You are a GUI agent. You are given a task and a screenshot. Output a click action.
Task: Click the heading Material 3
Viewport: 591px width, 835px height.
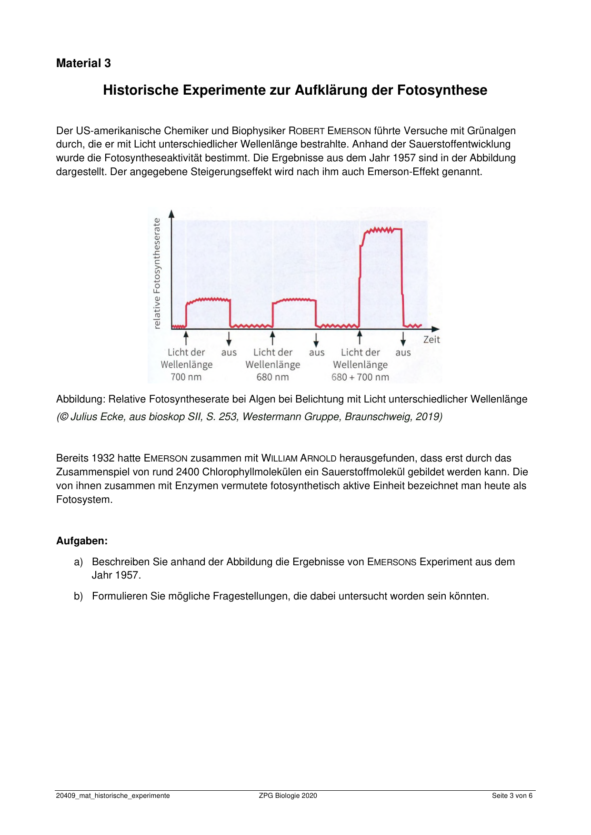pyautogui.click(x=83, y=63)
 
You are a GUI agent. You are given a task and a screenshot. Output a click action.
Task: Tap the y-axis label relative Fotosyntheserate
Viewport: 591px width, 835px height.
pyautogui.click(x=157, y=273)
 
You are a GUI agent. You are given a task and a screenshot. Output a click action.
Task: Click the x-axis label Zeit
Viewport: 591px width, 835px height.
pyautogui.click(x=431, y=340)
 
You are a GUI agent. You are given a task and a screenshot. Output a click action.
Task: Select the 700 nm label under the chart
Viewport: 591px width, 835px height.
pyautogui.click(x=186, y=377)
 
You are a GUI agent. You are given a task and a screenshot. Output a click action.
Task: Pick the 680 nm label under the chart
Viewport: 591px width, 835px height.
pyautogui.click(x=272, y=377)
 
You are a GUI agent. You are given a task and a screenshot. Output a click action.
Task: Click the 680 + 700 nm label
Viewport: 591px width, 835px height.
pyautogui.click(x=360, y=377)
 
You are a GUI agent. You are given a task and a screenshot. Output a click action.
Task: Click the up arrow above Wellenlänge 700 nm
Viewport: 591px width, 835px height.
pyautogui.click(x=186, y=338)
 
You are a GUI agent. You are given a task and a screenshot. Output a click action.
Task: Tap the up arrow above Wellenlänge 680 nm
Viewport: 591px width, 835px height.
pyautogui.click(x=272, y=338)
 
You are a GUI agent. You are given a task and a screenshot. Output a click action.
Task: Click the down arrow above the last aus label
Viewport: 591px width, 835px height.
pyautogui.click(x=403, y=338)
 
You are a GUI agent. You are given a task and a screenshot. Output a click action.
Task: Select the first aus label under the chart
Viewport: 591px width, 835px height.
pyautogui.click(x=229, y=353)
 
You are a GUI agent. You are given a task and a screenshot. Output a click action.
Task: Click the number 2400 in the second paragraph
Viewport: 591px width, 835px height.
pyautogui.click(x=188, y=472)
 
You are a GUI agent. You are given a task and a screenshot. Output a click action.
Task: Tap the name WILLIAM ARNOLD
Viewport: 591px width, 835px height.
pyautogui.click(x=299, y=458)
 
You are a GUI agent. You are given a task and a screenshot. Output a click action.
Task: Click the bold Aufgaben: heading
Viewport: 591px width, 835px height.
pyautogui.click(x=82, y=541)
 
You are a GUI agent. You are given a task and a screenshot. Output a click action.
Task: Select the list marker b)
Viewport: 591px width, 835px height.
pyautogui.click(x=79, y=596)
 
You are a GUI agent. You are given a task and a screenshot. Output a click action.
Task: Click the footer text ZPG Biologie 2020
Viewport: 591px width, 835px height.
pyautogui.click(x=288, y=796)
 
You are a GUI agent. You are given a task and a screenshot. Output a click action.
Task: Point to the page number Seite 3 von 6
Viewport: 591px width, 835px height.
pyautogui.click(x=512, y=796)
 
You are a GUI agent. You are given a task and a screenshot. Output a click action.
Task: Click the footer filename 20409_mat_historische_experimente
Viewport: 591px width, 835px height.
pyautogui.click(x=113, y=796)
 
